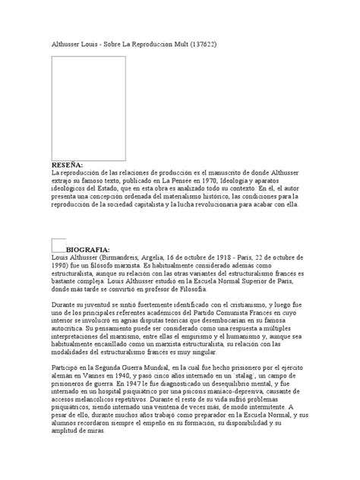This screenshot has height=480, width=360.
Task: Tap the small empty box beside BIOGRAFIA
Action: [58, 244]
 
